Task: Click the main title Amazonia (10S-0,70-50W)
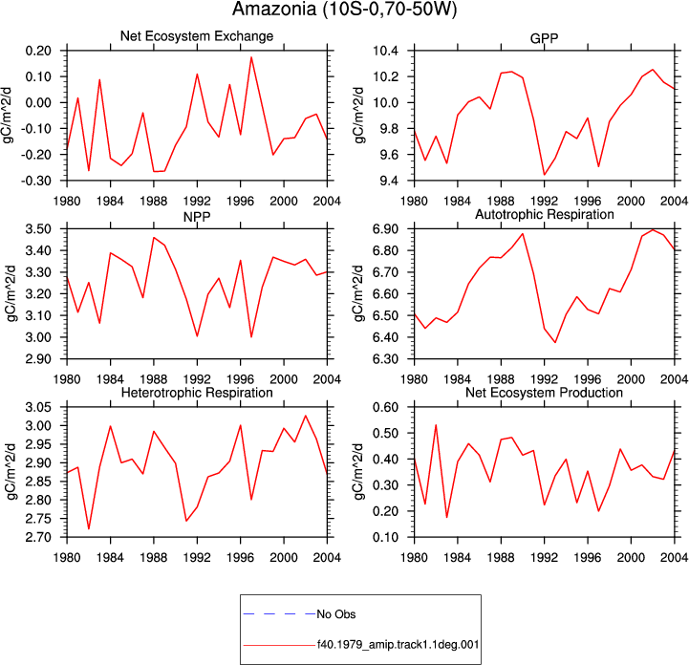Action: pyautogui.click(x=344, y=10)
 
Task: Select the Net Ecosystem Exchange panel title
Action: pyautogui.click(x=197, y=36)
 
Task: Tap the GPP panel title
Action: pyautogui.click(x=544, y=38)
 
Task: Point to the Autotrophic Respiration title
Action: pyautogui.click(x=545, y=214)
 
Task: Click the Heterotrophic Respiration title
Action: pyautogui.click(x=197, y=393)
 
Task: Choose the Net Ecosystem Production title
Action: pyautogui.click(x=544, y=393)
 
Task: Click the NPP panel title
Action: pyautogui.click(x=197, y=217)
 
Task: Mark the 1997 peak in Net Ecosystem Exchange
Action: pyautogui.click(x=251, y=57)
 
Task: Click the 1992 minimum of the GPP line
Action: pyautogui.click(x=545, y=175)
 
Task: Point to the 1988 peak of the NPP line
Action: pyautogui.click(x=154, y=238)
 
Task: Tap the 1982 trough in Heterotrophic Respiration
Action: pyautogui.click(x=89, y=528)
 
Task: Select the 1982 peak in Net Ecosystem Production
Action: pyautogui.click(x=436, y=425)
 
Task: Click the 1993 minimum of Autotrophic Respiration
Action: pyautogui.click(x=555, y=342)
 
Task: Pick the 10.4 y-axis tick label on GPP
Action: pyautogui.click(x=385, y=51)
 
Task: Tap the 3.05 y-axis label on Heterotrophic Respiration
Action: pyautogui.click(x=38, y=407)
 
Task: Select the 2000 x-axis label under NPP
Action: pyautogui.click(x=284, y=379)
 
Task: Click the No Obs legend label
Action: pyautogui.click(x=336, y=614)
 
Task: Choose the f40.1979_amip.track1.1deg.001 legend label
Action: pyautogui.click(x=398, y=645)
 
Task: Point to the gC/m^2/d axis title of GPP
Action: pyautogui.click(x=359, y=115)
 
